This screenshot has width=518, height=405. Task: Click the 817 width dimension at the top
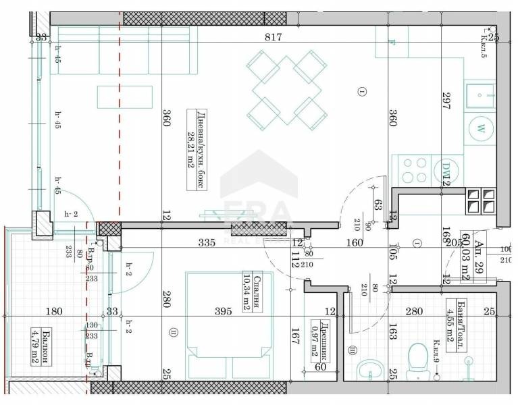pos(274,38)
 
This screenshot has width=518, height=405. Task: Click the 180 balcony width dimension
pos(54,312)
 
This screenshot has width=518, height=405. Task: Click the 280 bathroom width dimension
pos(413,312)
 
